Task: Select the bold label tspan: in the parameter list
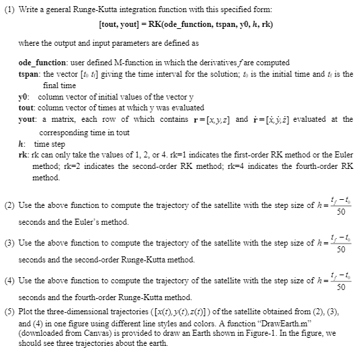tap(30, 73)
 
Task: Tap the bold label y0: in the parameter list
tap(24, 97)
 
